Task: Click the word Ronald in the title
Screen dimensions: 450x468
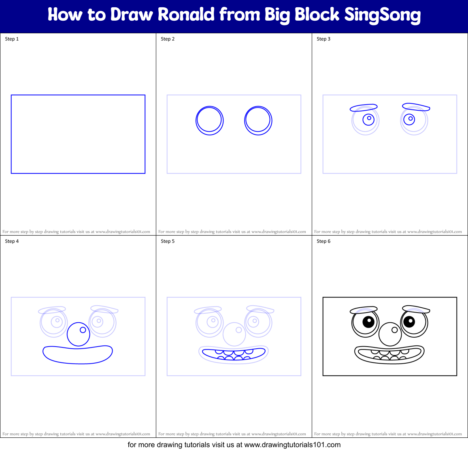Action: point(186,15)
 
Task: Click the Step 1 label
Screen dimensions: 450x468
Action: point(12,39)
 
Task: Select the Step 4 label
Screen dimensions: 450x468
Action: point(12,241)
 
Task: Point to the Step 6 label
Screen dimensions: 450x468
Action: point(323,241)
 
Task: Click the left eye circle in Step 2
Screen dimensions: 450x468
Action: point(209,120)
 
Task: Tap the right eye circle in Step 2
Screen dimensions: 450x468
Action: point(258,120)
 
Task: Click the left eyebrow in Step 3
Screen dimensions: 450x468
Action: point(364,107)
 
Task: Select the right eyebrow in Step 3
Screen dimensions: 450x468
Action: point(415,107)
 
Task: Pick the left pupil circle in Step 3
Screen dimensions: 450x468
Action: point(368,120)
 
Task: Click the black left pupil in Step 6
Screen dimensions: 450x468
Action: point(368,322)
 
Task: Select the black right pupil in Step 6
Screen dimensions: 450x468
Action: point(409,322)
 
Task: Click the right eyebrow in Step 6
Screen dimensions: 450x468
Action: point(415,309)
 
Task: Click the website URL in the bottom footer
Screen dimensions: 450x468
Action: point(292,445)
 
